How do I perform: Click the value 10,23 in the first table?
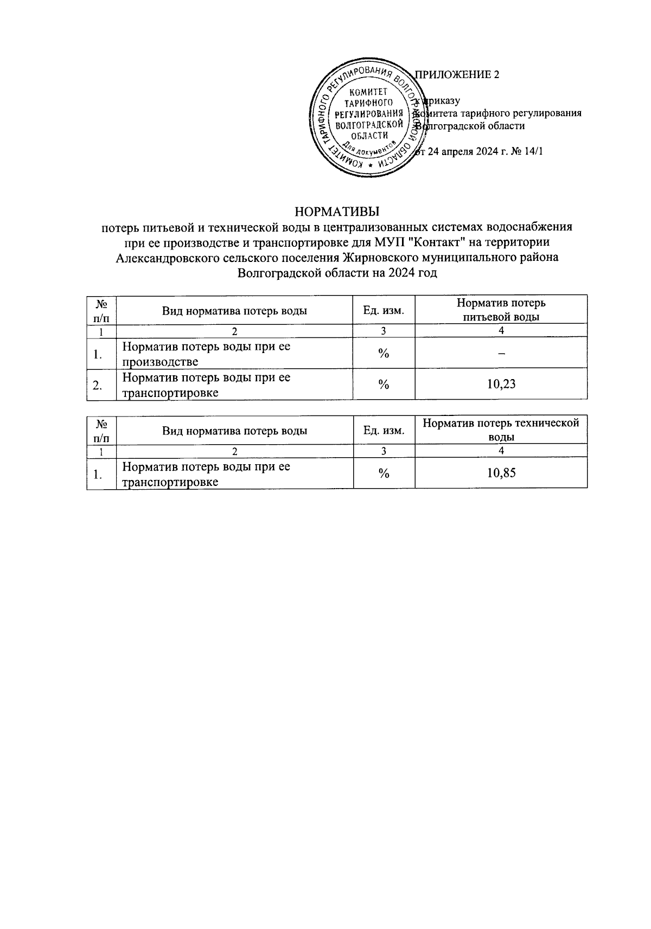(x=501, y=385)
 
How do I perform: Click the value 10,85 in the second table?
(x=501, y=473)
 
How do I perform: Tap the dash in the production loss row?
(x=502, y=354)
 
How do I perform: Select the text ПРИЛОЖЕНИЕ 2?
(x=457, y=75)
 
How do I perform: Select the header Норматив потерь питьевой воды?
(x=501, y=310)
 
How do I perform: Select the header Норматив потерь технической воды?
(x=501, y=430)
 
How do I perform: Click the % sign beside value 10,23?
(x=384, y=385)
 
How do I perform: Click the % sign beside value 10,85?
(x=384, y=473)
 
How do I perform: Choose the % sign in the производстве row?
(x=384, y=354)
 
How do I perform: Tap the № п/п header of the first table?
(x=101, y=310)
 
